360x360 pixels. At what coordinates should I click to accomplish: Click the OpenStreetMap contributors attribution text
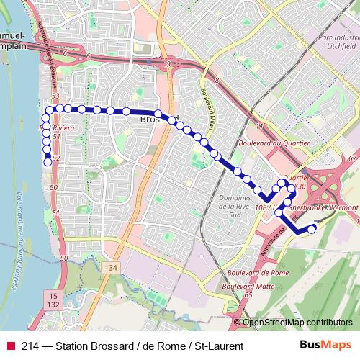298,323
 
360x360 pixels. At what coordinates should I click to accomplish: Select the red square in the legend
10,346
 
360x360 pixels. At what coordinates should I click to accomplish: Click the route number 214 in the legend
30,346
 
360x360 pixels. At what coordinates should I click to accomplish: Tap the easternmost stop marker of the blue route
312,229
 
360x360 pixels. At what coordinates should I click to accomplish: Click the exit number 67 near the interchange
351,158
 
